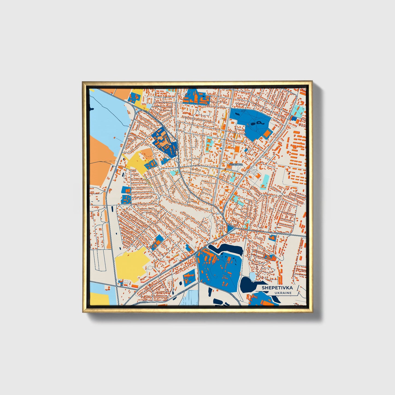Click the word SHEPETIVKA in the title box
277,288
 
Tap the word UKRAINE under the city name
283,293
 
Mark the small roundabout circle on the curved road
179,166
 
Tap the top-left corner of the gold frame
83,82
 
